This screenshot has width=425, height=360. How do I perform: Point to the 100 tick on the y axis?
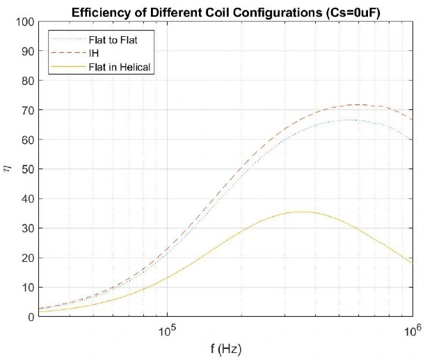coord(25,22)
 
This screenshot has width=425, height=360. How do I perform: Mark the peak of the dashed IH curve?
coord(358,105)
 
